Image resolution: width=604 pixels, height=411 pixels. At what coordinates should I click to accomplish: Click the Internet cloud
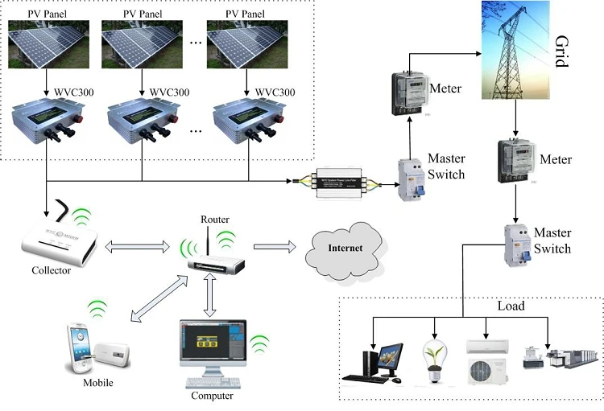pyautogui.click(x=344, y=248)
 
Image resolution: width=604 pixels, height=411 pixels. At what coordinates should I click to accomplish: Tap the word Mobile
pyautogui.click(x=98, y=382)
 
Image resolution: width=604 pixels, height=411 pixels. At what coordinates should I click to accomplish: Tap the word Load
pyautogui.click(x=511, y=306)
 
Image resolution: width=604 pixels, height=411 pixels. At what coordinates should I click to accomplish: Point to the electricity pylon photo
pyautogui.click(x=511, y=50)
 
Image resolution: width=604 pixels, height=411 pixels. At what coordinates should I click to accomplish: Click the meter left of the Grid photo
pyautogui.click(x=407, y=94)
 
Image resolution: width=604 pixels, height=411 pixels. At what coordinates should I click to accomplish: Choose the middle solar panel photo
pyautogui.click(x=140, y=45)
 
